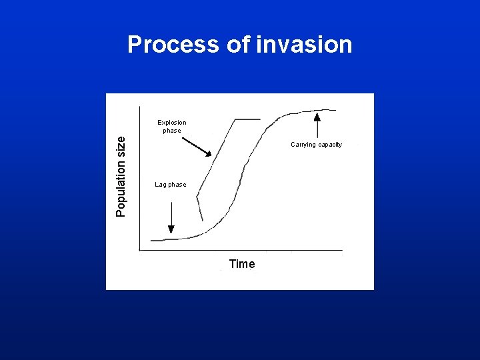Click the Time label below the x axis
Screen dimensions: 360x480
[x=241, y=264]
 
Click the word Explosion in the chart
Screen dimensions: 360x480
[x=171, y=123]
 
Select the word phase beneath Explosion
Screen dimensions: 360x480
[x=171, y=131]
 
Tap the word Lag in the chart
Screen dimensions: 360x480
[x=161, y=185]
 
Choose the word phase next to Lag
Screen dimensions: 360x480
[x=177, y=185]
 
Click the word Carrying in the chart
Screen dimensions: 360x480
[x=304, y=145]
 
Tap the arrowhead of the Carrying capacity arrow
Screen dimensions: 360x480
[x=317, y=116]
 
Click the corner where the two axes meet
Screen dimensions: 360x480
[x=139, y=250]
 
